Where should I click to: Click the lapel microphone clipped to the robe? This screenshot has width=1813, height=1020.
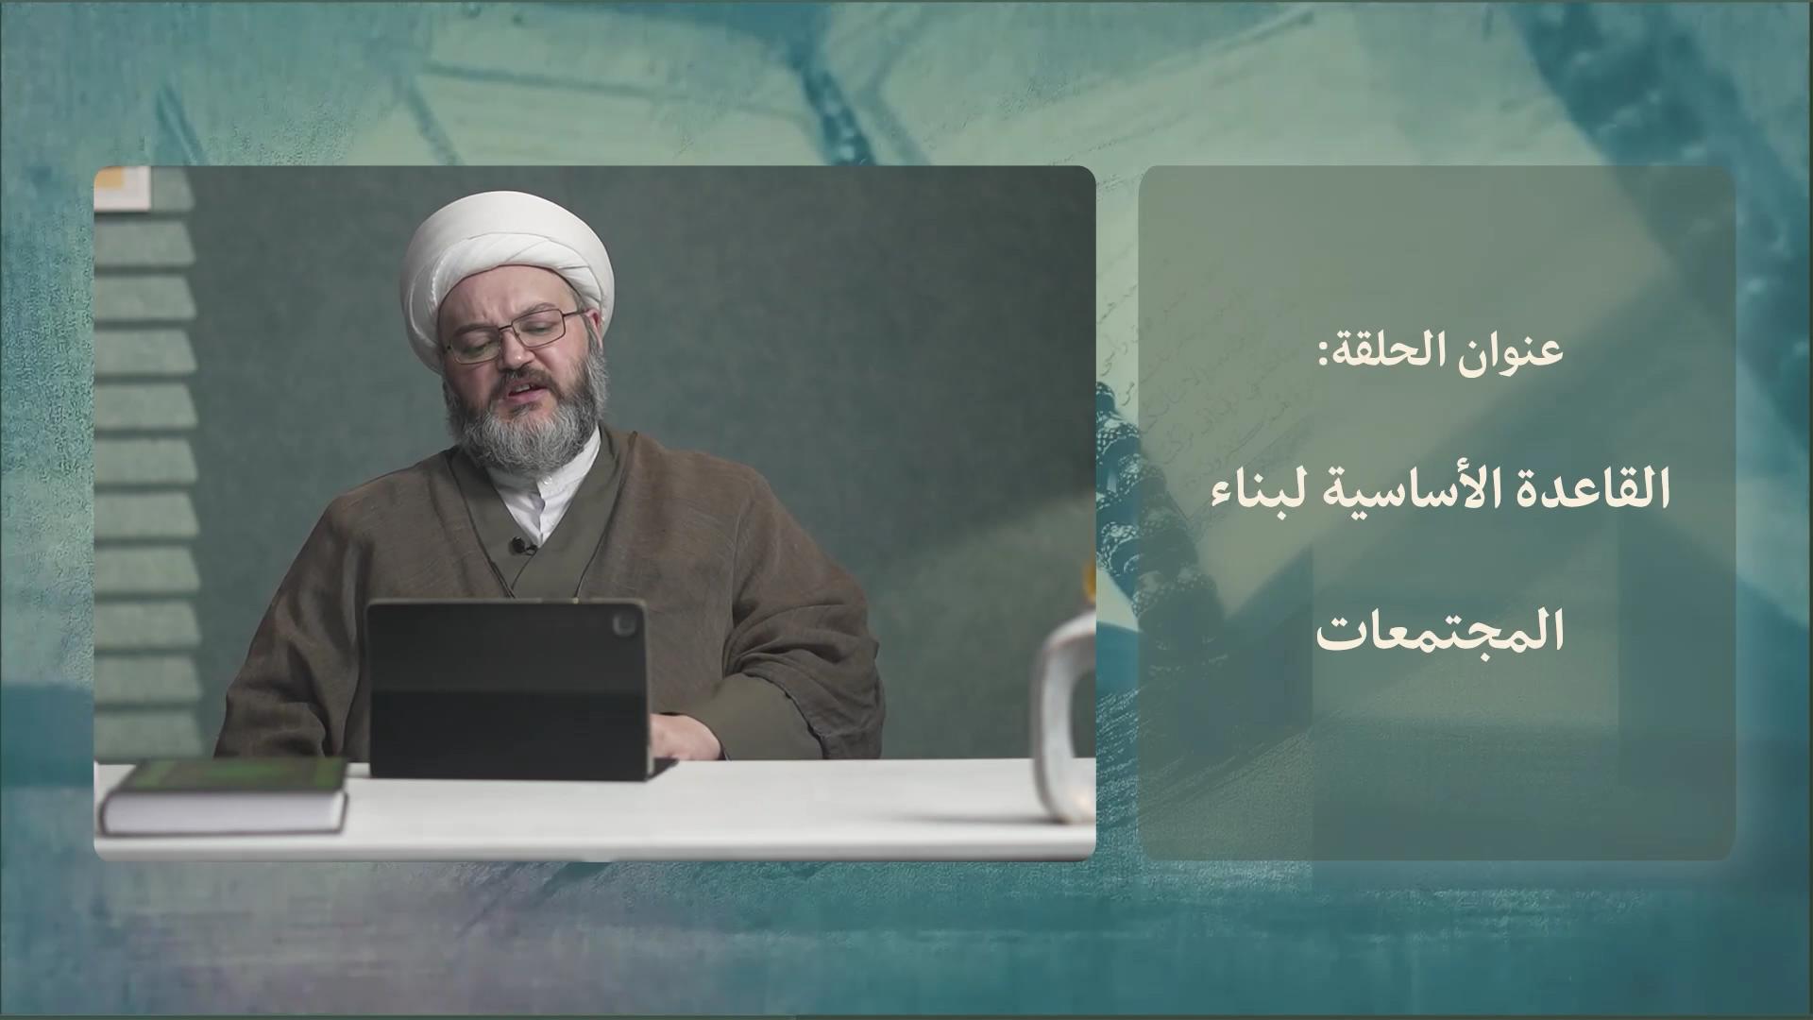click(518, 545)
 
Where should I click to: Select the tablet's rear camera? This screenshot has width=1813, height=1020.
click(625, 622)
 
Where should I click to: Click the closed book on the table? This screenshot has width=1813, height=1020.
click(224, 795)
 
